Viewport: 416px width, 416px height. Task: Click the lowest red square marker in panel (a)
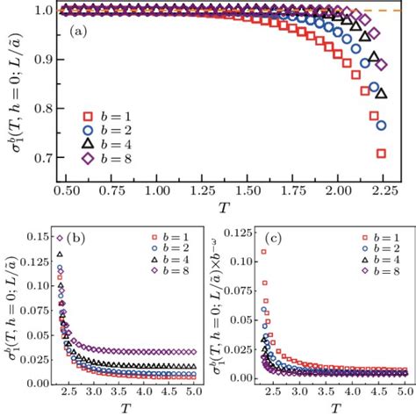[382, 154]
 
